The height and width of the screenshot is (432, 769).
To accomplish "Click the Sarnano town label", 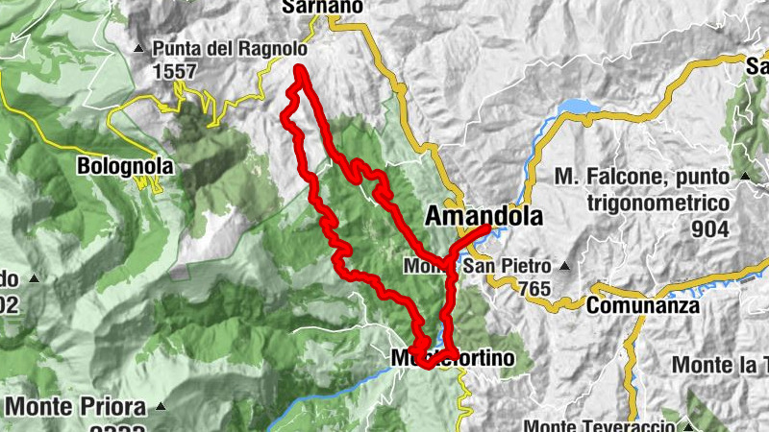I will (322, 7).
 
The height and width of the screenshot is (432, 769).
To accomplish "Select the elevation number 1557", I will (175, 71).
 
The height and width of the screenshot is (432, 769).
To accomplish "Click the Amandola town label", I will (484, 215).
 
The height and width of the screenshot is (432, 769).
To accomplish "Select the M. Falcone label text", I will (643, 177).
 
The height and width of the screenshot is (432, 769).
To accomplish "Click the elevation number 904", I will (710, 228).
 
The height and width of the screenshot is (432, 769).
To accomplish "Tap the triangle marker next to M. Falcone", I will (745, 177).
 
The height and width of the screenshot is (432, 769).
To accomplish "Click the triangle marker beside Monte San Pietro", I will (565, 266).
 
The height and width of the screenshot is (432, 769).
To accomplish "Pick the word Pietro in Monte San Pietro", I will (524, 265).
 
